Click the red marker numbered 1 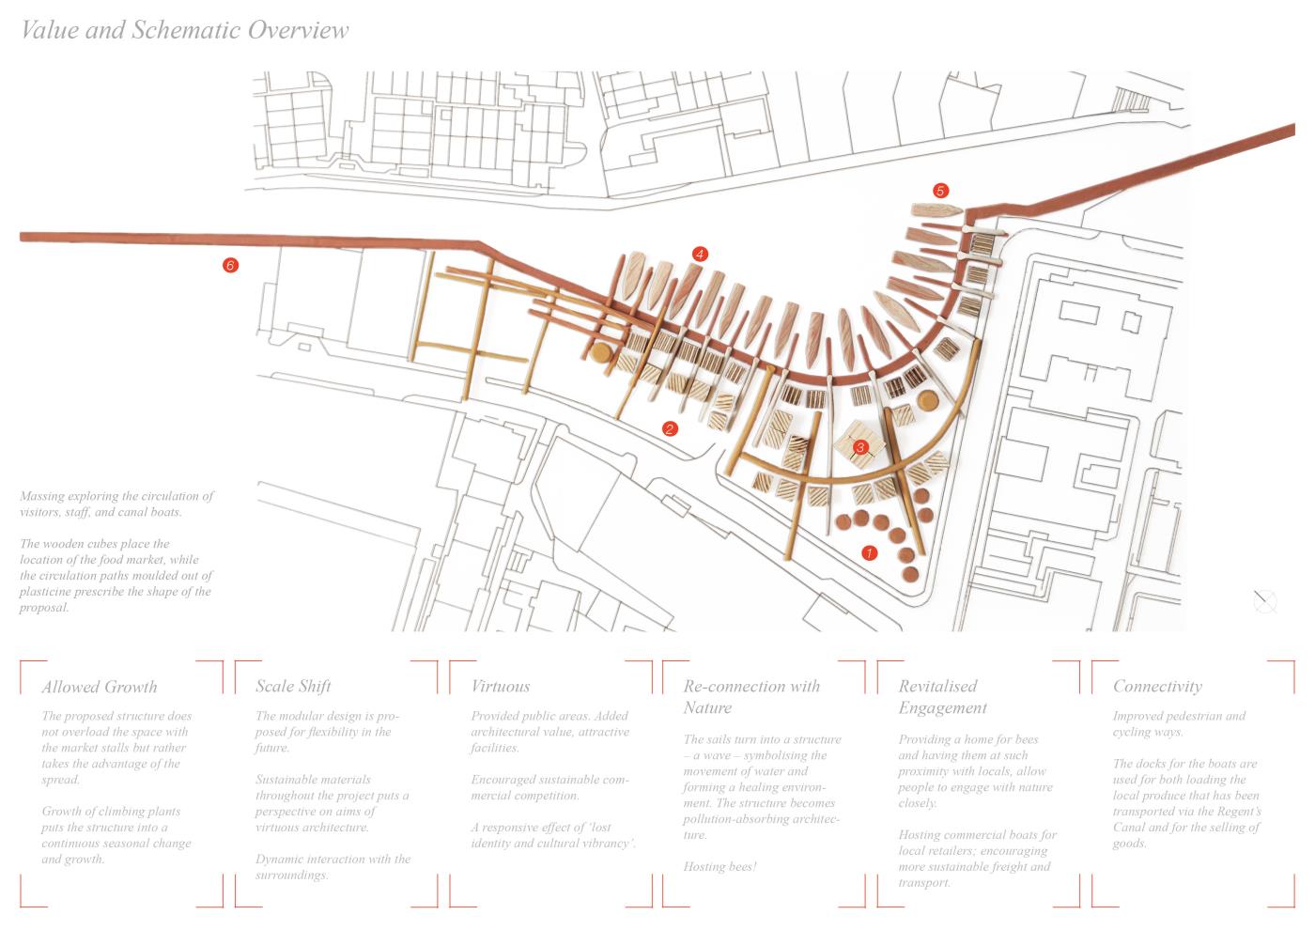(870, 552)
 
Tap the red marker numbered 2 (670, 428)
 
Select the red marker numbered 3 (860, 447)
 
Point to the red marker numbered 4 (699, 254)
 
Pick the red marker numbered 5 (940, 190)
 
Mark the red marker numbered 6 (230, 265)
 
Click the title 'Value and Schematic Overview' (185, 30)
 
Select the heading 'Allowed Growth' (100, 687)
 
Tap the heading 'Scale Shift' (293, 686)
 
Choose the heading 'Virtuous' (500, 686)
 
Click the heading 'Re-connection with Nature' (751, 696)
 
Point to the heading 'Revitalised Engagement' (942, 697)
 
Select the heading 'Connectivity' (1157, 687)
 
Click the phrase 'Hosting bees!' (720, 866)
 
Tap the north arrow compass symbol (1265, 601)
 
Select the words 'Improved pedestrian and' (1179, 716)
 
